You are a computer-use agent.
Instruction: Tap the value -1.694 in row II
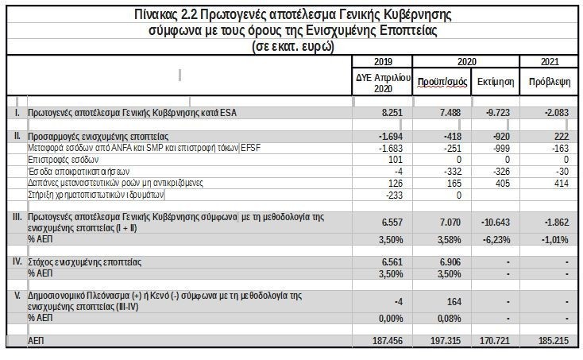click(394, 137)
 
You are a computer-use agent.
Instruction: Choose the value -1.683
click(395, 148)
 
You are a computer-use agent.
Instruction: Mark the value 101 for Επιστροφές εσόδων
click(400, 159)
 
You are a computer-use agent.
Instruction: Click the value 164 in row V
click(453, 301)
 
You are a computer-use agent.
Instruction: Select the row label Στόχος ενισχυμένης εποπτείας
click(84, 261)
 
